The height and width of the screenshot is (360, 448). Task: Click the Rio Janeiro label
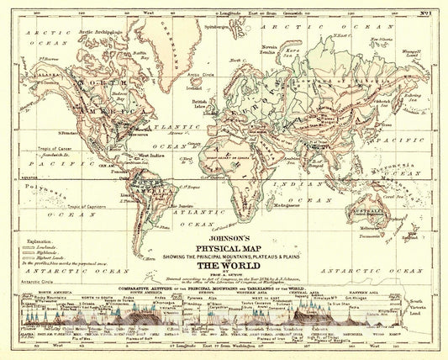[x=186, y=204]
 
